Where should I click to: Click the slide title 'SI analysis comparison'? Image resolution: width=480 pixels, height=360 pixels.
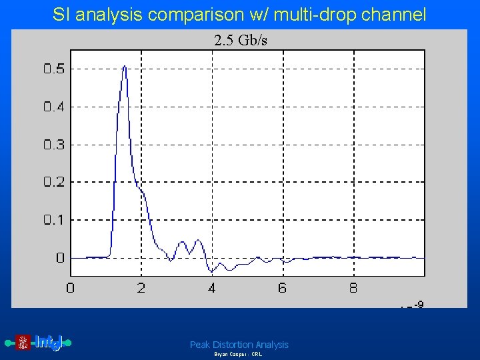click(239, 15)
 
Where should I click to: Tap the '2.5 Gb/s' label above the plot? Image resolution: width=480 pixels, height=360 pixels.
click(241, 41)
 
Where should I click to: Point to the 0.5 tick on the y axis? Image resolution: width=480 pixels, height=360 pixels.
click(54, 69)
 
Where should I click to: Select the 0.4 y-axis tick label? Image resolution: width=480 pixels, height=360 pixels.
click(54, 107)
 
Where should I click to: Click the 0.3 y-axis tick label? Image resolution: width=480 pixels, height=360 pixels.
click(54, 144)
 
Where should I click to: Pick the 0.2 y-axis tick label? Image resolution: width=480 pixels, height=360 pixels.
click(54, 182)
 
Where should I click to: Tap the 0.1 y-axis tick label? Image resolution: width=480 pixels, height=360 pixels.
click(54, 219)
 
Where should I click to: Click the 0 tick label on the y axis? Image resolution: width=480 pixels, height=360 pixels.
click(60, 257)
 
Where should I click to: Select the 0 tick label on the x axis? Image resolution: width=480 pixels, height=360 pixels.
click(71, 288)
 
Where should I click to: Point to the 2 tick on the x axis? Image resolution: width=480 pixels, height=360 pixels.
click(141, 288)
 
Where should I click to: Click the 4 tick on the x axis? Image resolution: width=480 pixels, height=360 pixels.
click(212, 288)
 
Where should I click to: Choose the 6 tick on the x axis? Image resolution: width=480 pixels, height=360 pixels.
click(283, 288)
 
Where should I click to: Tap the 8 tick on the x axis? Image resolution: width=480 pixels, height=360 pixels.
click(353, 288)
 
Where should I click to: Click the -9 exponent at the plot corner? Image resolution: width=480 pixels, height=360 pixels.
click(418, 305)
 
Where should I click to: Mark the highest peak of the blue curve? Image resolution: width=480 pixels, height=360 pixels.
click(125, 67)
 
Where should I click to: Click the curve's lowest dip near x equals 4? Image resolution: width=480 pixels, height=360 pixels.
click(212, 271)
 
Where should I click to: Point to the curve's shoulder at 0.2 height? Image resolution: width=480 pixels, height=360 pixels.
click(141, 189)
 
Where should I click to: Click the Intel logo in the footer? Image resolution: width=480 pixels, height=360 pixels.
click(40, 343)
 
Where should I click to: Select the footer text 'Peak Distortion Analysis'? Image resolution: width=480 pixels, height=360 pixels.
click(239, 345)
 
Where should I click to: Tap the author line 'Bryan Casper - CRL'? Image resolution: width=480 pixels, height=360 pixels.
click(238, 355)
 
